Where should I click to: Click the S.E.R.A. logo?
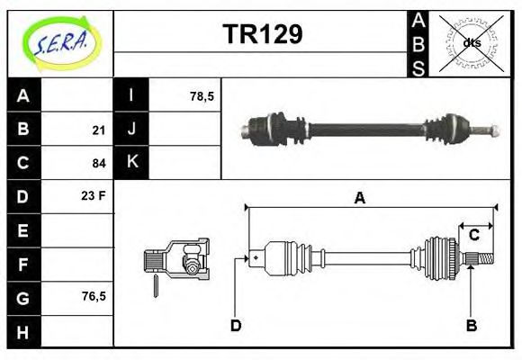(60, 42)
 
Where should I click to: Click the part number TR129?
(262, 34)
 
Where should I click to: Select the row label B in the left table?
(23, 129)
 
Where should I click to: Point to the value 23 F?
(94, 194)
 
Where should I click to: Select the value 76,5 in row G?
(94, 295)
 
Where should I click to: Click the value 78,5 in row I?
(202, 95)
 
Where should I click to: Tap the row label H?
(23, 332)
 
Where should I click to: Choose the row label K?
(131, 162)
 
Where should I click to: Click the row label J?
(131, 129)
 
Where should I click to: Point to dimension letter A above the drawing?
(360, 199)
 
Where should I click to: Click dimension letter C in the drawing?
(473, 236)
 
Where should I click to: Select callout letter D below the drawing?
(236, 325)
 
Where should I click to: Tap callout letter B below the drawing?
(471, 325)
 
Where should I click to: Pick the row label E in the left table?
(23, 230)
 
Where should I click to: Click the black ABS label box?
(418, 42)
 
